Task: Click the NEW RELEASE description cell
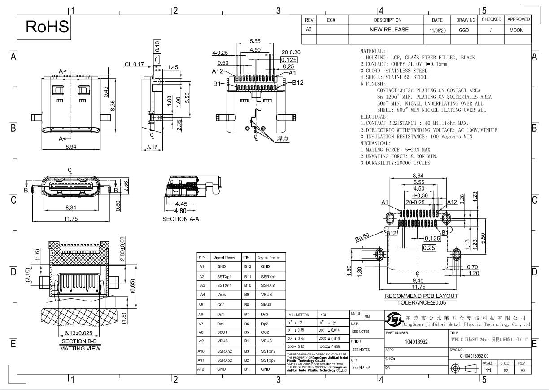point(389,30)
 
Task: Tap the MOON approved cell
point(516,30)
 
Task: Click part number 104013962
point(415,341)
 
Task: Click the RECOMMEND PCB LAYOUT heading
point(421,296)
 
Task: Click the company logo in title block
point(393,320)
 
